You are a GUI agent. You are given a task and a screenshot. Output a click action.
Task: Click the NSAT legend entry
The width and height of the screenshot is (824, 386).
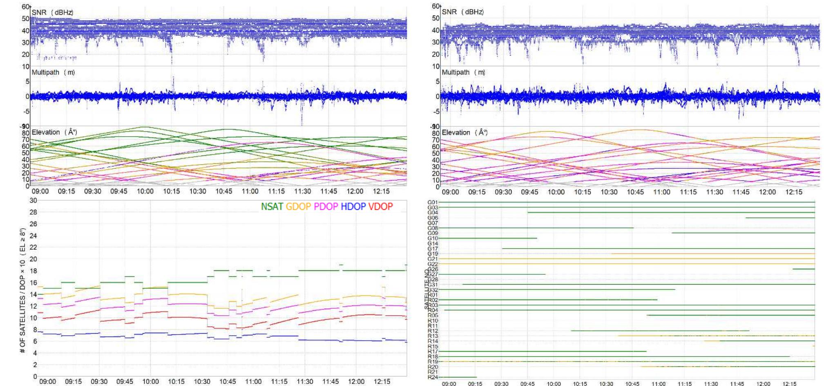pyautogui.click(x=272, y=207)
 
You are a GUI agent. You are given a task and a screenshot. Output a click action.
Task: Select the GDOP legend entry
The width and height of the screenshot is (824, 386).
pyautogui.click(x=298, y=207)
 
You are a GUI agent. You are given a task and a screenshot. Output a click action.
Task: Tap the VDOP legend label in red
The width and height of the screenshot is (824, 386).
pyautogui.click(x=380, y=207)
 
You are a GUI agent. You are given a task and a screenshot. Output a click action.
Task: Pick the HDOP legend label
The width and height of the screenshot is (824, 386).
pyautogui.click(x=353, y=207)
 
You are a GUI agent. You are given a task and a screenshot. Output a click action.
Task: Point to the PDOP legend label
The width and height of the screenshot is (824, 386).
pyautogui.click(x=326, y=207)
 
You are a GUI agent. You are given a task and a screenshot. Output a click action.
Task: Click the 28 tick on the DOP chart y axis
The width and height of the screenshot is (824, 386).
pyautogui.click(x=33, y=212)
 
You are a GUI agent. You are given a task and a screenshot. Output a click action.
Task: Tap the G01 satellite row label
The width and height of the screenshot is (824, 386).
pyautogui.click(x=433, y=202)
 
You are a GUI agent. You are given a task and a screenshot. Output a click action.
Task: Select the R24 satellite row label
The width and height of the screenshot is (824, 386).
pyautogui.click(x=433, y=377)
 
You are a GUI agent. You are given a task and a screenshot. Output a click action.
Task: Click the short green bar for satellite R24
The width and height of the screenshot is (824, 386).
pyautogui.click(x=458, y=377)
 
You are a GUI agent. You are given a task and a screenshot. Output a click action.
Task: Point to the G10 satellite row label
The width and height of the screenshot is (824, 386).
pyautogui.click(x=433, y=238)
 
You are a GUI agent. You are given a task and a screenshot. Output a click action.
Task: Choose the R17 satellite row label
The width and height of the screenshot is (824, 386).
pyautogui.click(x=433, y=351)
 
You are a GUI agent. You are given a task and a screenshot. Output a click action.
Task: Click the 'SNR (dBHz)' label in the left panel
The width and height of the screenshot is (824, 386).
pyautogui.click(x=52, y=13)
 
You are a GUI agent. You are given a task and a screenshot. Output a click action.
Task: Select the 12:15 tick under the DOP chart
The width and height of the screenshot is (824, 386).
pyautogui.click(x=382, y=382)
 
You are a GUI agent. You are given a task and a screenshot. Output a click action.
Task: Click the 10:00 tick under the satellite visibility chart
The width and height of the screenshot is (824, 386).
pyautogui.click(x=554, y=384)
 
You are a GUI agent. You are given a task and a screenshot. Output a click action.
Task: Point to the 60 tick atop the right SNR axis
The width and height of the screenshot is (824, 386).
pyautogui.click(x=435, y=7)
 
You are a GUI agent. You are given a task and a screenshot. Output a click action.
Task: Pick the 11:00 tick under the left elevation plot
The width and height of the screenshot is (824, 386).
pyautogui.click(x=250, y=191)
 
